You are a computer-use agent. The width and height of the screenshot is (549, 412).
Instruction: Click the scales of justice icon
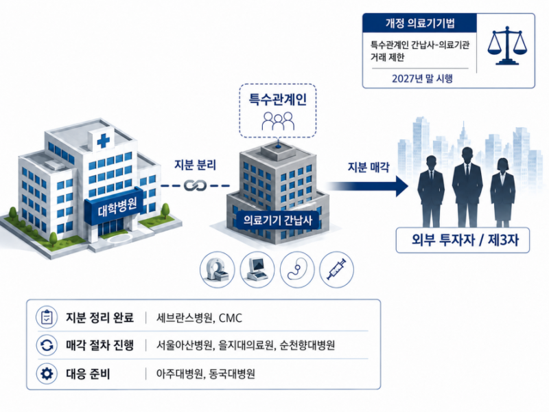pos(506,45)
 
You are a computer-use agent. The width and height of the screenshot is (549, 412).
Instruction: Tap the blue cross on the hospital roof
pos(103,141)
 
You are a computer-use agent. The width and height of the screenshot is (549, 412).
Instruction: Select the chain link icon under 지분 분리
pos(196,185)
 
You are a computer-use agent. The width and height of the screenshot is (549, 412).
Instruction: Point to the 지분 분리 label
pos(195,165)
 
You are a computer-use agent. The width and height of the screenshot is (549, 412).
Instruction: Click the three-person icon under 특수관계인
pos(278,121)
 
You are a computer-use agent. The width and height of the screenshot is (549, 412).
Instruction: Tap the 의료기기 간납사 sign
pos(278,220)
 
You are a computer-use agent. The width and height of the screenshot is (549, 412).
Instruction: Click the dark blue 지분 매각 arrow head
pos(402,185)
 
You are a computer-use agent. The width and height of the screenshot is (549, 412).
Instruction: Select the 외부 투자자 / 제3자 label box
pos(463,240)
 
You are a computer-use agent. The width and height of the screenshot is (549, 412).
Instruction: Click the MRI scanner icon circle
pos(217,270)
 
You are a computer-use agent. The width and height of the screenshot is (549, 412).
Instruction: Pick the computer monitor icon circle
pos(257,270)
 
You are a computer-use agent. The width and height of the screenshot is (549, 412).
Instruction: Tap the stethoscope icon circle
pos(297,270)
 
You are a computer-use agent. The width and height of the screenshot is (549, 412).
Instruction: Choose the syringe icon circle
pos(336,270)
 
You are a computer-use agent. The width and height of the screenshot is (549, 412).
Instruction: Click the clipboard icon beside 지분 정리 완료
pos(47,317)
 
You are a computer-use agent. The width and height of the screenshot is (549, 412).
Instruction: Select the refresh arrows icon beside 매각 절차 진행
pos(47,345)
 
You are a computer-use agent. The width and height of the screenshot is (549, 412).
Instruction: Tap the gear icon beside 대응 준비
pos(47,374)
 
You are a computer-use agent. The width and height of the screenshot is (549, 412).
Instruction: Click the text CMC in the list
pos(231,318)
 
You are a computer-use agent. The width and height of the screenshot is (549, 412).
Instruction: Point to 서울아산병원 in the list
pos(185,345)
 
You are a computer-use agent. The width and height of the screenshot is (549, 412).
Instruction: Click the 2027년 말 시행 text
pos(422,78)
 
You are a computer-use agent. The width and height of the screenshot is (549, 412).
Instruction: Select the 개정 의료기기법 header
pos(420,23)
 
